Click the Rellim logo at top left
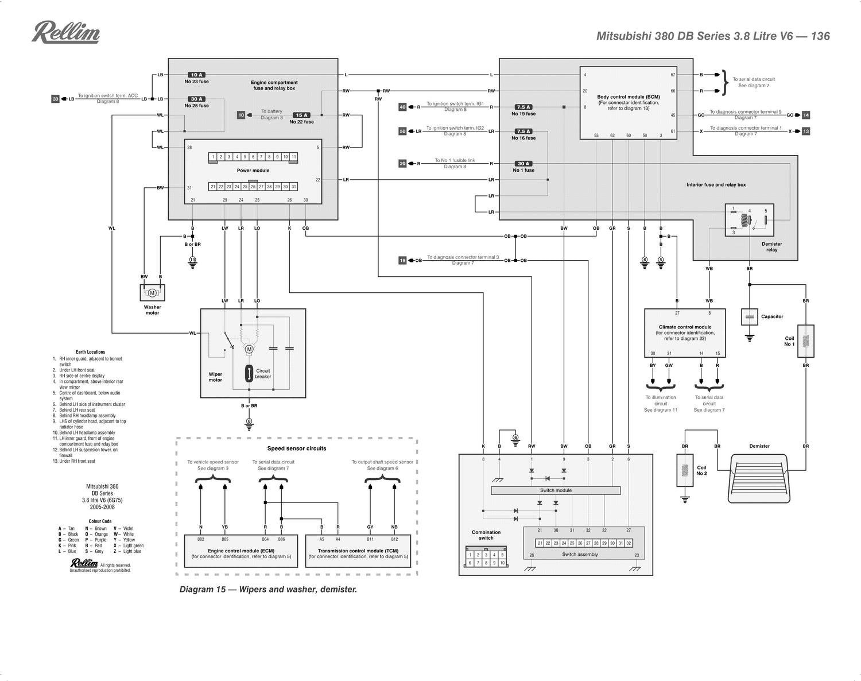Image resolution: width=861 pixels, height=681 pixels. click(x=66, y=32)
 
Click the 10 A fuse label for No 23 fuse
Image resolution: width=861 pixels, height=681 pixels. click(x=197, y=75)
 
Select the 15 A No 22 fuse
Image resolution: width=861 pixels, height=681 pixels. click(x=301, y=115)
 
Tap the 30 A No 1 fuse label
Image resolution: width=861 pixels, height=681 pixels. click(x=523, y=164)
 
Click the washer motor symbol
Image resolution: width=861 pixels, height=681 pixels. click(x=152, y=293)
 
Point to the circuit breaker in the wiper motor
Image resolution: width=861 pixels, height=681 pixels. click(x=249, y=374)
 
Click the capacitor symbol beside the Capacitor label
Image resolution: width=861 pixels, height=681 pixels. click(x=750, y=317)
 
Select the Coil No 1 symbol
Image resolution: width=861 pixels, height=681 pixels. click(x=806, y=342)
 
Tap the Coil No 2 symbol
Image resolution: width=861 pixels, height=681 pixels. click(x=685, y=470)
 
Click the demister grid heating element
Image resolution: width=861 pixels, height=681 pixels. click(x=759, y=475)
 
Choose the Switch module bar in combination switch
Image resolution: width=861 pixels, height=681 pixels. click(x=556, y=490)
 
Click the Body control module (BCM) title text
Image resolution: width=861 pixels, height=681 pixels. click(x=629, y=97)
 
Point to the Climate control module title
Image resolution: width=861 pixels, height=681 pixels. click(x=685, y=327)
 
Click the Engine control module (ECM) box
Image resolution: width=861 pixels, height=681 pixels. click(x=241, y=551)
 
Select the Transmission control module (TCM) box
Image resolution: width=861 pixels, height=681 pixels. click(x=358, y=551)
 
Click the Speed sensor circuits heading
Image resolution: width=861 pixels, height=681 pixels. click(x=296, y=448)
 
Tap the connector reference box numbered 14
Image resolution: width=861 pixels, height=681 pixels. click(x=806, y=115)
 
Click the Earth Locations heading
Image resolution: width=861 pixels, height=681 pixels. click(x=90, y=352)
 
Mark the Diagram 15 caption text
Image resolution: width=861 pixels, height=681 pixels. click(x=268, y=589)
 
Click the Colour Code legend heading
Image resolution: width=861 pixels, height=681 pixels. click(x=100, y=521)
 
